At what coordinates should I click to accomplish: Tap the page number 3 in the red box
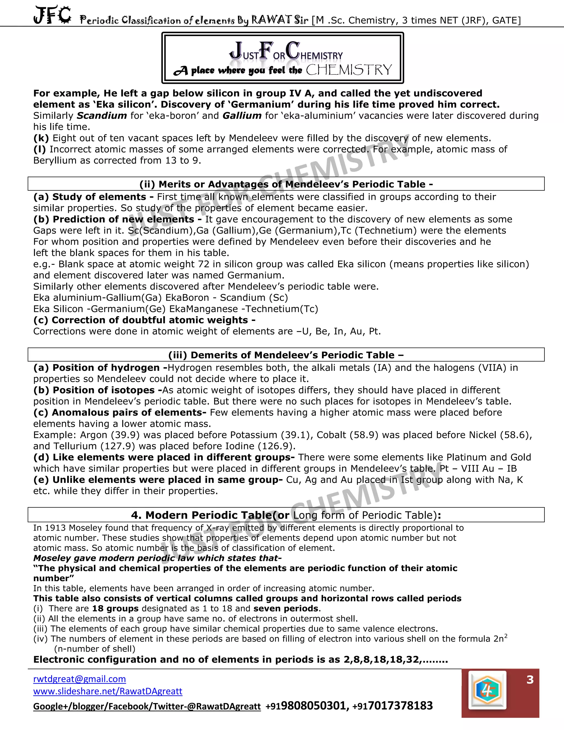530,680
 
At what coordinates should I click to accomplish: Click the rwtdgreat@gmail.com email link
80,679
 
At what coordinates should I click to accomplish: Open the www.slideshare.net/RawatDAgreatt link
108,691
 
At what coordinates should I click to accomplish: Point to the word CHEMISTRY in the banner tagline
349,70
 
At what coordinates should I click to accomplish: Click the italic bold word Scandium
102,116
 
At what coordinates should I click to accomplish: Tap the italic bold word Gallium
242,116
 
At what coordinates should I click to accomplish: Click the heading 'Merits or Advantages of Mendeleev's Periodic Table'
286,184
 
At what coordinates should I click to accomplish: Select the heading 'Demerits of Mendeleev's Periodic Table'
286,355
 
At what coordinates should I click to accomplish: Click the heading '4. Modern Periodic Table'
286,515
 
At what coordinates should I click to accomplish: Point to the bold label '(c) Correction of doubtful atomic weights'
144,320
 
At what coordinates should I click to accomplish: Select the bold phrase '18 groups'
115,608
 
